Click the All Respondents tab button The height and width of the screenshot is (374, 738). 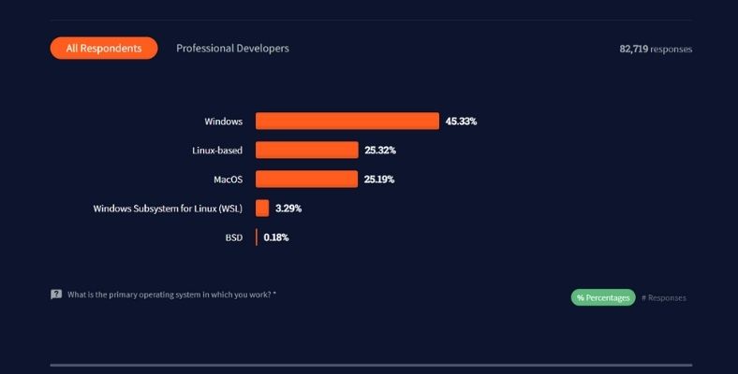pyautogui.click(x=103, y=48)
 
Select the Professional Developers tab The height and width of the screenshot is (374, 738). pyautogui.click(x=232, y=48)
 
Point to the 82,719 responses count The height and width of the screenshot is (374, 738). pyautogui.click(x=655, y=49)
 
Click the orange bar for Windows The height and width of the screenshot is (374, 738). pyautogui.click(x=347, y=121)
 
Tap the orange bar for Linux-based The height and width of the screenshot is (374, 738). pyautogui.click(x=306, y=150)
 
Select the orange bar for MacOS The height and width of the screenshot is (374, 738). pyautogui.click(x=306, y=179)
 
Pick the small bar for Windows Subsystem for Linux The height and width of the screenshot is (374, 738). pyautogui.click(x=262, y=208)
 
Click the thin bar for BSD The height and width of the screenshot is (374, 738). pyautogui.click(x=257, y=237)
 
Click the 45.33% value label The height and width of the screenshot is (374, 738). pyautogui.click(x=461, y=121)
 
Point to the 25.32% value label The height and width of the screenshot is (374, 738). pyautogui.click(x=380, y=150)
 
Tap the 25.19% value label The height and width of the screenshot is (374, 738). pyautogui.click(x=380, y=179)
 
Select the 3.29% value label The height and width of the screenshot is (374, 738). pyautogui.click(x=288, y=208)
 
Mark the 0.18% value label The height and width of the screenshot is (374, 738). pyautogui.click(x=276, y=237)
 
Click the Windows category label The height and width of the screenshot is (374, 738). pyautogui.click(x=224, y=122)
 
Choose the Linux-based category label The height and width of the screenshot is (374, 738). pyautogui.click(x=217, y=150)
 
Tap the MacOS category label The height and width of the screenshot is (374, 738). pyautogui.click(x=229, y=179)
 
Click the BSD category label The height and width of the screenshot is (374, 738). pyautogui.click(x=233, y=237)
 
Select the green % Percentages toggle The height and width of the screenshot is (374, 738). pyautogui.click(x=603, y=297)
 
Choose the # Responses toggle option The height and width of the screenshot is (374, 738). pyautogui.click(x=664, y=297)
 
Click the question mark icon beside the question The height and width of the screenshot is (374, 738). pyautogui.click(x=56, y=294)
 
